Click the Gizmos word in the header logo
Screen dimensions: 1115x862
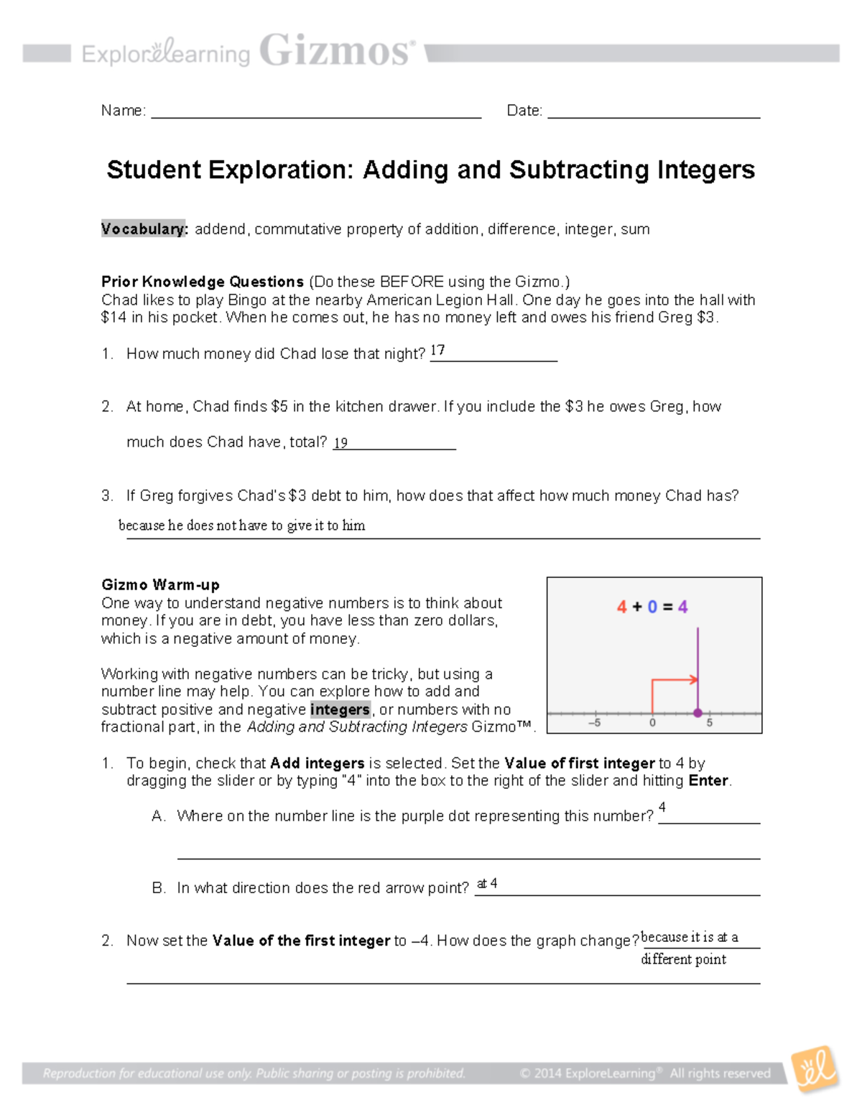[336, 51]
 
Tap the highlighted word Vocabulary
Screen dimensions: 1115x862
[144, 229]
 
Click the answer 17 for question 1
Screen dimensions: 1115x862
[437, 350]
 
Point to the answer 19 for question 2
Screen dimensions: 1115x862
[340, 443]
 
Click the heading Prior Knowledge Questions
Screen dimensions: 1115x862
[203, 281]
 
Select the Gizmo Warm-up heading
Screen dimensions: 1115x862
[160, 584]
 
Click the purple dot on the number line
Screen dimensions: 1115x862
[698, 713]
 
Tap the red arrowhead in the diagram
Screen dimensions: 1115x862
[693, 679]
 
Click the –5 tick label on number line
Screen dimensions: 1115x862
[594, 723]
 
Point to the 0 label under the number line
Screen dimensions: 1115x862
[652, 723]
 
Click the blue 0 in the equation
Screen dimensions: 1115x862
[652, 607]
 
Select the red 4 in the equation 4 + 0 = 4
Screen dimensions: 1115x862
[621, 607]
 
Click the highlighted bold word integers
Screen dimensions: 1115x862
[340, 709]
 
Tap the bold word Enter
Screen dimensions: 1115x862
[708, 780]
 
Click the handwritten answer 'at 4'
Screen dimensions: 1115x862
[487, 883]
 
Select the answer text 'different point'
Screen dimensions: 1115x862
[683, 959]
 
